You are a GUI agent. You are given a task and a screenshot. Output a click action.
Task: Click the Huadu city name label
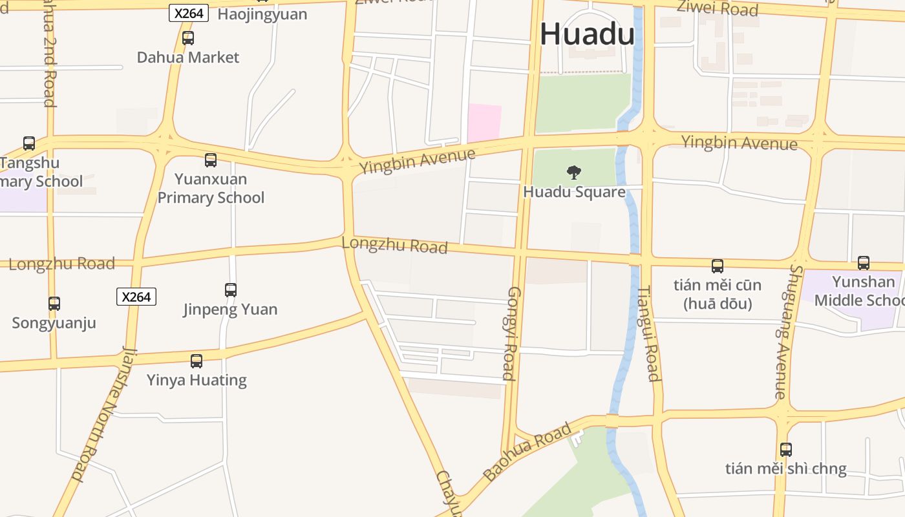587,34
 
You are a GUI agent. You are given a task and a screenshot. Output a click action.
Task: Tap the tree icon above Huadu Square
573,172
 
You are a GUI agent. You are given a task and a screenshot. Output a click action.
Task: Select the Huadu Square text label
574,192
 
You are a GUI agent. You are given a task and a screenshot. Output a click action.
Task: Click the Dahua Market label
188,58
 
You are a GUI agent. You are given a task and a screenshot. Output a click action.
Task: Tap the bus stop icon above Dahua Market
188,38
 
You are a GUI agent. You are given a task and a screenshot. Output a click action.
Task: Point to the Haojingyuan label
262,14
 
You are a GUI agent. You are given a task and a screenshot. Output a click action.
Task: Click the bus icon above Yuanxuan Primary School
211,160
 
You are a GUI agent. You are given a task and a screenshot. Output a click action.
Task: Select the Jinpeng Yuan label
230,310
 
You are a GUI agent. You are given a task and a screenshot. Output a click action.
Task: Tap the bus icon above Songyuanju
54,304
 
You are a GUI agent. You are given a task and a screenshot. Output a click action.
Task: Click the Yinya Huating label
197,380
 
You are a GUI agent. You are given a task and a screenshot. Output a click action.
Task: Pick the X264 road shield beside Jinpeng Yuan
136,297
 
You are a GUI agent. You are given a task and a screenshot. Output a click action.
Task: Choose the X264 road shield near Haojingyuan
189,13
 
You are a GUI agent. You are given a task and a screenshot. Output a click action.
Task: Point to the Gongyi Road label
511,333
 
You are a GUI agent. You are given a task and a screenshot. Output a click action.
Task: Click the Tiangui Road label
648,333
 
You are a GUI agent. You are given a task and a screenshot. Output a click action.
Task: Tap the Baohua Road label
527,451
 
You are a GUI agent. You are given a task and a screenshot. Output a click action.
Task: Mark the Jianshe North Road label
104,414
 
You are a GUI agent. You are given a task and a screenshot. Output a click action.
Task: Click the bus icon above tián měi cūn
718,266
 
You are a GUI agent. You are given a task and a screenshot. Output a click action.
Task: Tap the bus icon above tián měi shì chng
786,450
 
